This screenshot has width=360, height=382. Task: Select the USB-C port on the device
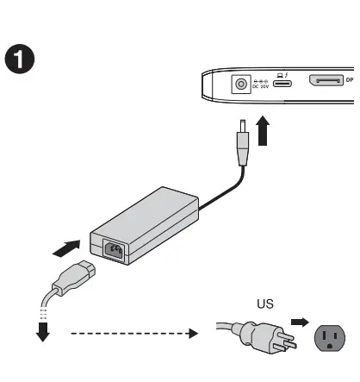coord(282,85)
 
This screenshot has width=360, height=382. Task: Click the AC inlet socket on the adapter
coord(113,251)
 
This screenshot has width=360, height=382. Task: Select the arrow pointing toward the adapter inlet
coord(69,249)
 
